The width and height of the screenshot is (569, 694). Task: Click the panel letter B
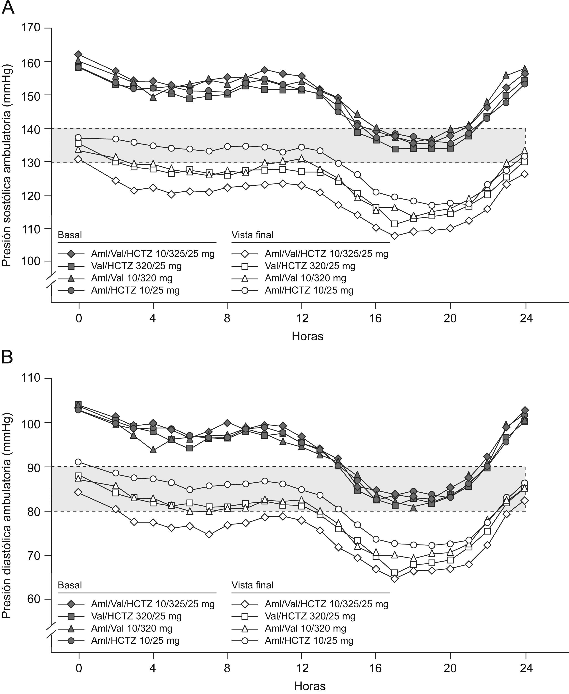[7, 357]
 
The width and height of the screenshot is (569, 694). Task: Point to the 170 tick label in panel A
[30, 28]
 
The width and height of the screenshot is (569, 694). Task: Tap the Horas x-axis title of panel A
[307, 336]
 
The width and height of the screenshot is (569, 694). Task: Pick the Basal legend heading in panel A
[70, 235]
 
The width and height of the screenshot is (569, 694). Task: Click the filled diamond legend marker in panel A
[71, 254]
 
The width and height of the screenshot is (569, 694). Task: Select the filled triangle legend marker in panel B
[71, 628]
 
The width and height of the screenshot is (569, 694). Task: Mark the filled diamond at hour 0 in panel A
[78, 54]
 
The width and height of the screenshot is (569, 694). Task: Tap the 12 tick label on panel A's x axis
[302, 318]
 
